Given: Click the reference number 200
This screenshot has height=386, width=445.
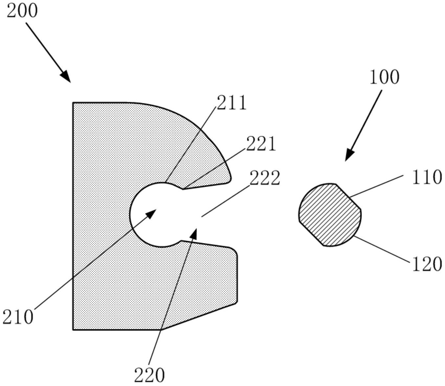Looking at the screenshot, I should [22, 11].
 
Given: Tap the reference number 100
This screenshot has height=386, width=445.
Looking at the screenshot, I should [384, 77].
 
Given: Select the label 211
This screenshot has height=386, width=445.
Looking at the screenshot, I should [231, 103].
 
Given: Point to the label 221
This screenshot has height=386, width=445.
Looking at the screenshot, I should [261, 144].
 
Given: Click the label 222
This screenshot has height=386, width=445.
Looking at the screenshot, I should [265, 179].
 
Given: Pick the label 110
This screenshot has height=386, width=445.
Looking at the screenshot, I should [426, 177].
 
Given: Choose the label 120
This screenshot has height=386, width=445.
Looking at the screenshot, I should [426, 264].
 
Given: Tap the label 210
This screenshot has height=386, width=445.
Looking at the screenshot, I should [18, 317].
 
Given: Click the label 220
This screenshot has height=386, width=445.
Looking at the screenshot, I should [149, 375].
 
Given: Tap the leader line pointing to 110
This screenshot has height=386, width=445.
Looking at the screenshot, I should [376, 186].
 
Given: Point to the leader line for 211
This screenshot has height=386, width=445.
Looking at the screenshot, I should [190, 144].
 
